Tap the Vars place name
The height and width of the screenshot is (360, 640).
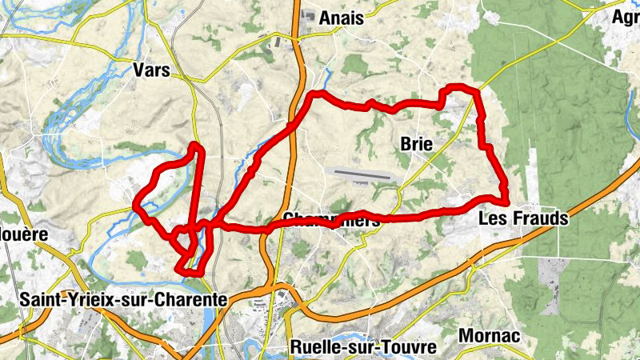click(x=152, y=70)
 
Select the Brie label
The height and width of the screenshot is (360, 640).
click(x=415, y=145)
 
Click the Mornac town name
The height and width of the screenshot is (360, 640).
click(x=490, y=335)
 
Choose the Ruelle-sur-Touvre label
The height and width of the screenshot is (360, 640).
click(x=364, y=347)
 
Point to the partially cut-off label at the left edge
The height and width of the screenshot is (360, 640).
click(x=24, y=234)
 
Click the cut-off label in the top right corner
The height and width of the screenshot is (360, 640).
click(x=625, y=18)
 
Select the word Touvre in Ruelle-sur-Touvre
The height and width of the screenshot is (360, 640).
click(x=411, y=347)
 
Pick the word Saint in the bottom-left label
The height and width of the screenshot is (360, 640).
click(x=39, y=299)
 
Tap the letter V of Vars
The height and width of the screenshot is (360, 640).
click(x=139, y=70)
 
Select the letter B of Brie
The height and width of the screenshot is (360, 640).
click(x=403, y=145)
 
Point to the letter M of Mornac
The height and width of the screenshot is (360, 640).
click(x=466, y=335)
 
